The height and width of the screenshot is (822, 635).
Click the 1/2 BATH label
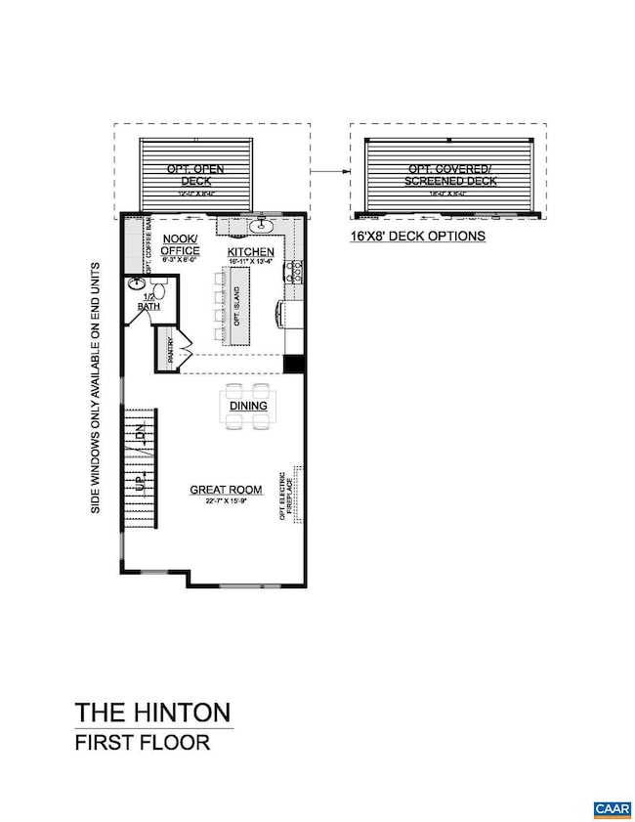tap(148, 302)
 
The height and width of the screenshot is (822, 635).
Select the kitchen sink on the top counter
tap(262, 227)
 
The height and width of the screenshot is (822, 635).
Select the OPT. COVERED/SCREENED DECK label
tap(449, 175)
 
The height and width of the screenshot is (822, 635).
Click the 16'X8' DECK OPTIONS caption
tap(417, 237)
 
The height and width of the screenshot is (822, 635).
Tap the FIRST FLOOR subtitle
tap(143, 742)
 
